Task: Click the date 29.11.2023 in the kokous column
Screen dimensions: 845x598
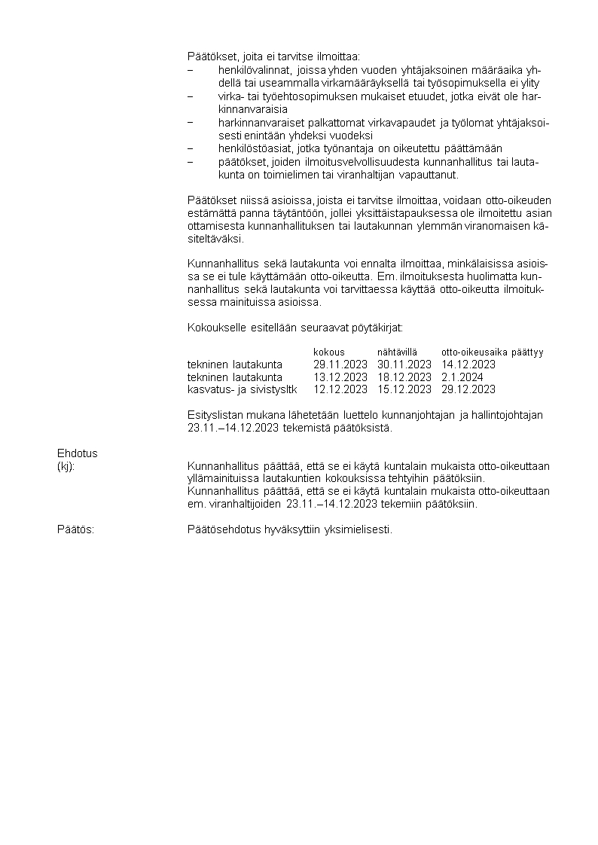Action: [340, 365]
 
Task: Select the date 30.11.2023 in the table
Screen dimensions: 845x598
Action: [404, 365]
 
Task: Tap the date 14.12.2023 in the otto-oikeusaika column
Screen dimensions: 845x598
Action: [468, 365]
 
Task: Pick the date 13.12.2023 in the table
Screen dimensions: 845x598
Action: [340, 377]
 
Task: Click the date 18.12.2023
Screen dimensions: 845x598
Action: [404, 377]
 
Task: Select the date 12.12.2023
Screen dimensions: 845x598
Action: [340, 389]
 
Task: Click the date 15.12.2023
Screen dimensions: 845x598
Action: [404, 389]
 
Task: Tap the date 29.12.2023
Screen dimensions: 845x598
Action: [468, 389]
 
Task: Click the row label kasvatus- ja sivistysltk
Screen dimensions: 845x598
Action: [243, 389]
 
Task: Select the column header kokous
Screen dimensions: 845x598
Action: [329, 352]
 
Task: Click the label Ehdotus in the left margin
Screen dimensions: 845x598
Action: [78, 453]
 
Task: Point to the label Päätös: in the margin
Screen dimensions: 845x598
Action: [75, 529]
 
